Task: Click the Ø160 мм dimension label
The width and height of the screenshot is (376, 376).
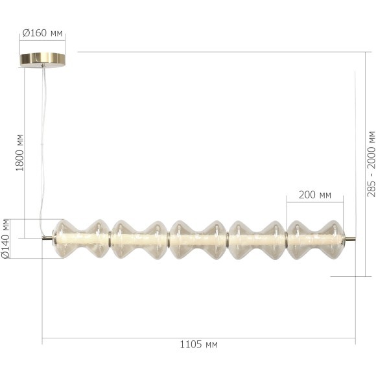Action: coord(43,32)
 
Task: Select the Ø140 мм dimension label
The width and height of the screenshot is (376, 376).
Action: coord(6,239)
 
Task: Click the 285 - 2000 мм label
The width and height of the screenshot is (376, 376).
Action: coord(370,163)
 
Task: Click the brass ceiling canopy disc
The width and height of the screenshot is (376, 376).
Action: coord(43,60)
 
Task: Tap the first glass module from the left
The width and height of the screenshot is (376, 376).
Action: coord(80,239)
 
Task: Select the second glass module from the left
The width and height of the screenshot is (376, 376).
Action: coord(139,239)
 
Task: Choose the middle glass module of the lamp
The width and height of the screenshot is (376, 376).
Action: coord(198,239)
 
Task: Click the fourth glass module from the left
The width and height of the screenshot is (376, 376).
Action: coord(257,239)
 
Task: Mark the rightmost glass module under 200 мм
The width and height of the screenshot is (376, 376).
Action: coord(315,239)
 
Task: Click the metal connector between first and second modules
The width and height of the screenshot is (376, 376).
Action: coord(110,239)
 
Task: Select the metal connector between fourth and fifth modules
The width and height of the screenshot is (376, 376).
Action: coord(286,239)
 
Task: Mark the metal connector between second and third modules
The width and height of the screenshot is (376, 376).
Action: coord(169,239)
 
